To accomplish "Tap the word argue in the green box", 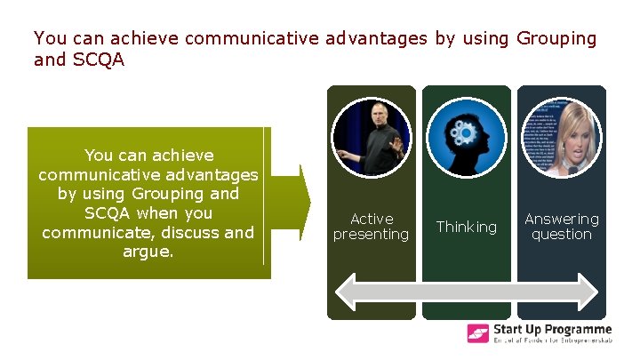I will tap(148, 252).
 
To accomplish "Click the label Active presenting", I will tap(371, 227).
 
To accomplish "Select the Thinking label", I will tap(467, 227).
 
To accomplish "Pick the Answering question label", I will tap(561, 227).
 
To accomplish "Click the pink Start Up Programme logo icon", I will tap(478, 334).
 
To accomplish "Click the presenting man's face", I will tap(376, 113).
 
